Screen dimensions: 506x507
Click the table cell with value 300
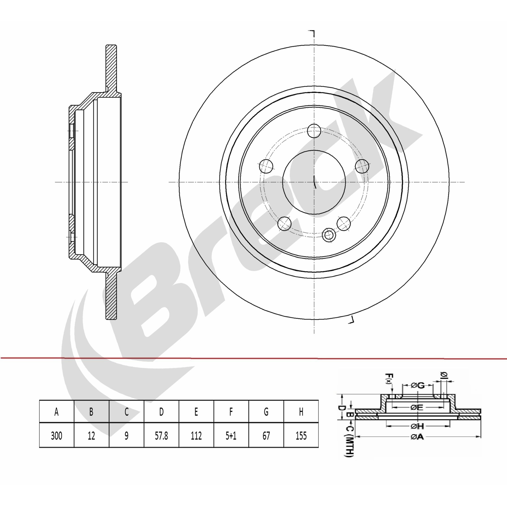click(x=56, y=436)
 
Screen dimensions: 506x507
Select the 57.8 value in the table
click(x=161, y=436)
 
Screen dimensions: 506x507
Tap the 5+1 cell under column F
click(x=231, y=436)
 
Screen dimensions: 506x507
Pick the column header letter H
click(x=301, y=412)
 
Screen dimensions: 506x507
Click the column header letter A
click(x=56, y=412)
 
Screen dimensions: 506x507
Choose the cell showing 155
click(x=301, y=436)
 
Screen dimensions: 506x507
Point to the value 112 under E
click(x=196, y=436)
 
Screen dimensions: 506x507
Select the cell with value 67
click(x=266, y=436)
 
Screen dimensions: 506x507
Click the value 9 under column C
click(x=126, y=436)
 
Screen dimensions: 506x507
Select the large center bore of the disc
click(x=314, y=182)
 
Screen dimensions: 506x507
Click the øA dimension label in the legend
click(x=417, y=437)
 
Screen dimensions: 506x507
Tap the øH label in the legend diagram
click(x=417, y=426)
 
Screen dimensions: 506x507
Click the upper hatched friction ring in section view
click(x=111, y=68)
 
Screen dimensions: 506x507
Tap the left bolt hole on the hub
click(x=266, y=166)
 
